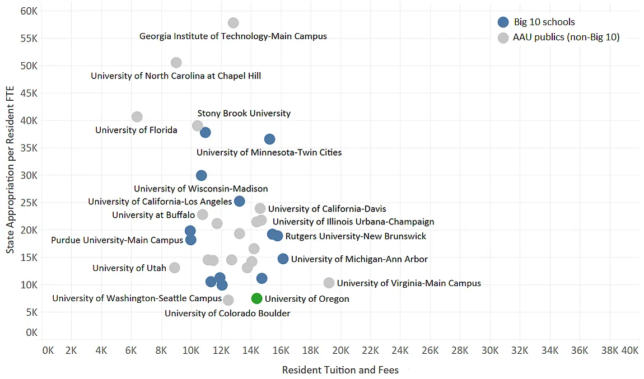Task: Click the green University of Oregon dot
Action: (x=256, y=298)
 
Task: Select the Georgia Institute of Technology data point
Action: (x=234, y=23)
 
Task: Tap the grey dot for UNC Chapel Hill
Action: (x=176, y=63)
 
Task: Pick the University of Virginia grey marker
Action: (x=329, y=283)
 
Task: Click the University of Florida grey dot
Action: (x=137, y=116)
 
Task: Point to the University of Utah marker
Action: (x=175, y=268)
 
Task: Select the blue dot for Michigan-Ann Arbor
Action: (x=283, y=259)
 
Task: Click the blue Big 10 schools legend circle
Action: (x=503, y=22)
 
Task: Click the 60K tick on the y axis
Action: (x=28, y=11)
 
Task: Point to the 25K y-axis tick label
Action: (x=28, y=203)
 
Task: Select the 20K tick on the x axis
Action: (x=340, y=350)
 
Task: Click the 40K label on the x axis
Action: (x=630, y=350)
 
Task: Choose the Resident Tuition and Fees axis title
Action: (x=340, y=370)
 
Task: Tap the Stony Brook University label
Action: (x=244, y=113)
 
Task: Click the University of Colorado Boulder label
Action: (x=227, y=314)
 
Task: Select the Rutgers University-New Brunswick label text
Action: (x=356, y=236)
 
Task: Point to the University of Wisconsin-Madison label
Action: (x=200, y=189)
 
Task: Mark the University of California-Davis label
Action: (x=327, y=209)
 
